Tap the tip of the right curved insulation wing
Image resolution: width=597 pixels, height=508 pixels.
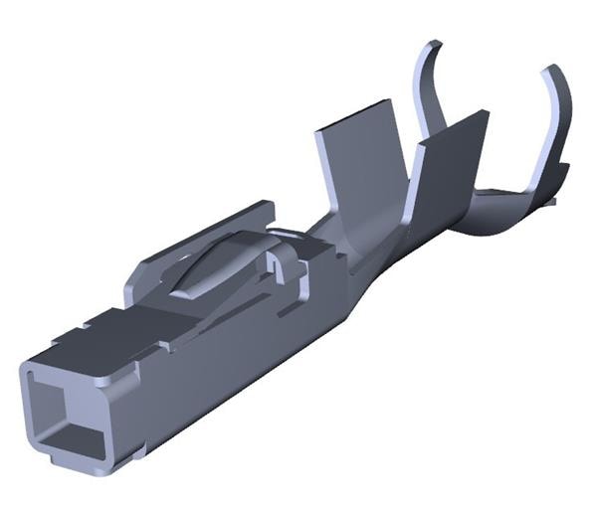pos(547,72)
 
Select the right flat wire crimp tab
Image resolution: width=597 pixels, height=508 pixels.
pos(453,164)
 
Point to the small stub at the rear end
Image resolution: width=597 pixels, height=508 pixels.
pos(552,204)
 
